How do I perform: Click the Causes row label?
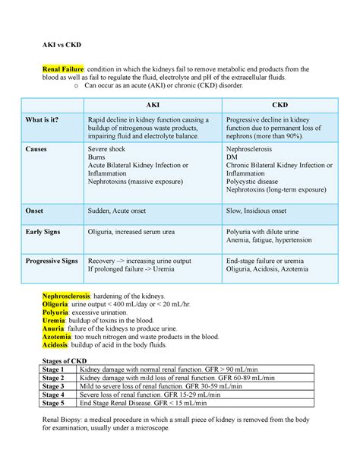pos(37,151)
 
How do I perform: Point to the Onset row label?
pos(35,211)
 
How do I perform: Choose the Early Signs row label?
pos(43,233)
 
